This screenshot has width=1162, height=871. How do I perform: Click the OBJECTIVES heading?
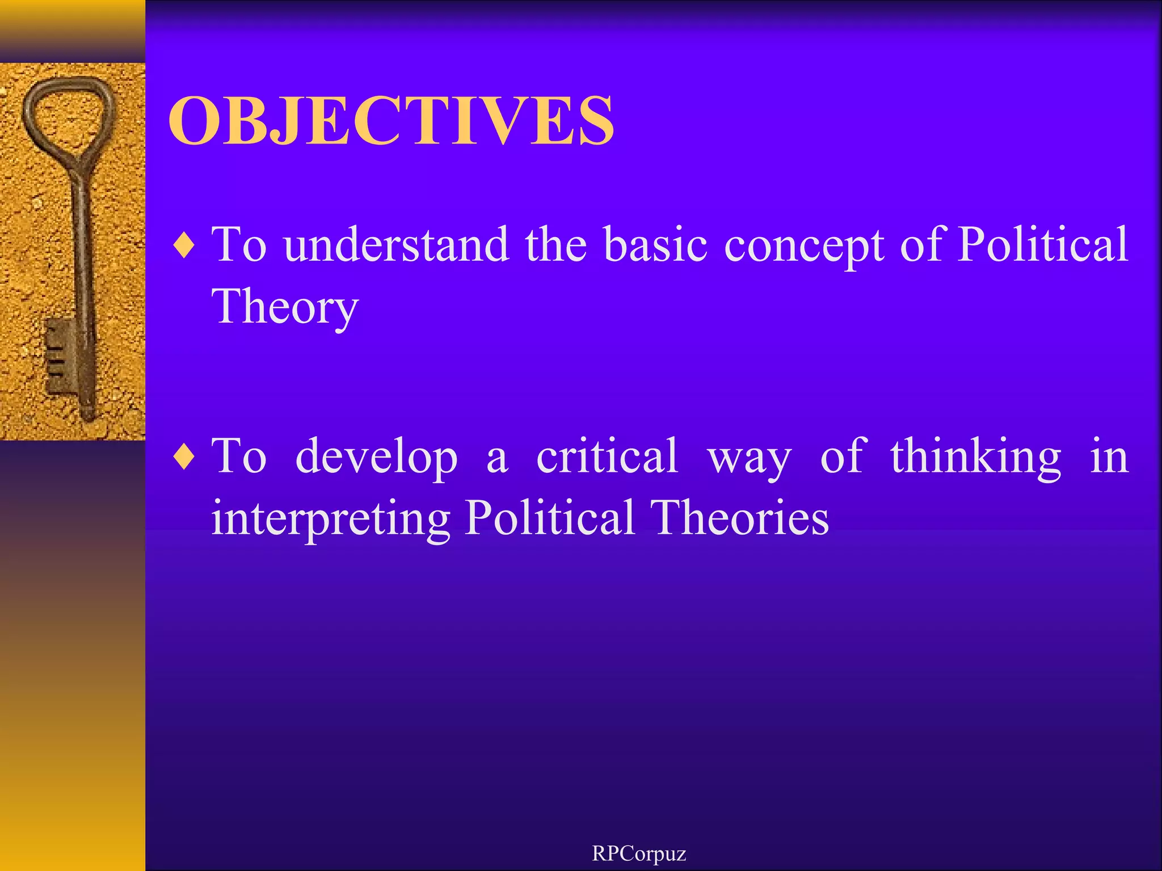click(x=390, y=120)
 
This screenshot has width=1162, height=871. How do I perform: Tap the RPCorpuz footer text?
click(x=639, y=853)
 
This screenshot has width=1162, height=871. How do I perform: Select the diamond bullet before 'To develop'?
click(x=184, y=457)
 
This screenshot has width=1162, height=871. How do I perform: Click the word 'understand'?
click(x=396, y=245)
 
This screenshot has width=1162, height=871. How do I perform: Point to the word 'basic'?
click(x=655, y=245)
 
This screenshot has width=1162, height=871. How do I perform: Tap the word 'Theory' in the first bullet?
click(x=285, y=307)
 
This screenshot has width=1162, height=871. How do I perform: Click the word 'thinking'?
click(x=975, y=457)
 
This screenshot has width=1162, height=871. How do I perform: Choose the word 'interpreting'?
click(x=330, y=518)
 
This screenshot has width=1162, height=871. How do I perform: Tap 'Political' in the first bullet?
click(x=1043, y=245)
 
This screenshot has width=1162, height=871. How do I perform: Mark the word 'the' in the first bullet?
click(x=555, y=245)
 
